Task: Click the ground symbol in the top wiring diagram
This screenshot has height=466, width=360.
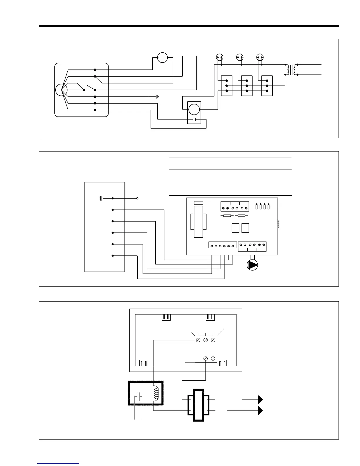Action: [x=157, y=96]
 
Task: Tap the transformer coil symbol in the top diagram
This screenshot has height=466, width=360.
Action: [x=291, y=70]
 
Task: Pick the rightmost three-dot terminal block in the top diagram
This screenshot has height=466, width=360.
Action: [x=267, y=86]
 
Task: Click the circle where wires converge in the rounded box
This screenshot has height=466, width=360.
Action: [x=61, y=89]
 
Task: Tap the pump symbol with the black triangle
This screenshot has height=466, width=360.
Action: [x=252, y=265]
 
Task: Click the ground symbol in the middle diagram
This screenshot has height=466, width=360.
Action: [x=101, y=199]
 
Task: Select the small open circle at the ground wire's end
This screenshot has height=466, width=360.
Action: [x=137, y=199]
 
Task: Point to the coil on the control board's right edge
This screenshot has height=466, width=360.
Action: [x=278, y=224]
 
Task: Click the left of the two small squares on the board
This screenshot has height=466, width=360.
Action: [x=235, y=228]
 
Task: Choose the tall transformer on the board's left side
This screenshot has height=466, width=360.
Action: [x=199, y=221]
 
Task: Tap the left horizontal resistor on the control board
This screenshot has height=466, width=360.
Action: [x=227, y=216]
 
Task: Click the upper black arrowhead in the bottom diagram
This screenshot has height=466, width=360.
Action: [x=260, y=400]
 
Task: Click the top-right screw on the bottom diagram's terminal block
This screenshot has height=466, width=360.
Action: [x=213, y=340]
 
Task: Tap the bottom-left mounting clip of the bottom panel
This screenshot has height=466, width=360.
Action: [x=144, y=363]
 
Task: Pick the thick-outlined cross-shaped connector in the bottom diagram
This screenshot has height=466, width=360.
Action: [x=198, y=405]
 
